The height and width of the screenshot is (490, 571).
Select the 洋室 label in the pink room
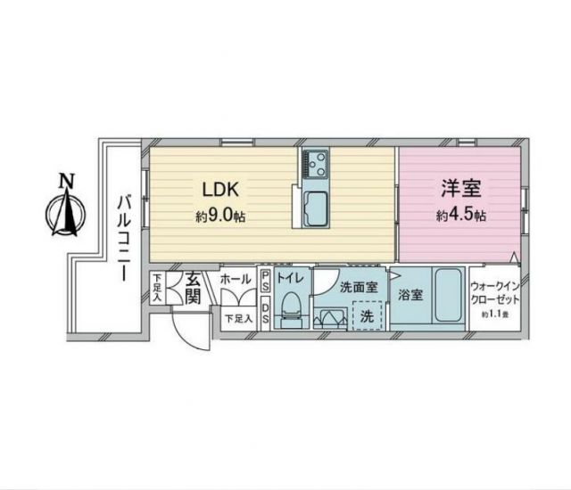(x=460, y=190)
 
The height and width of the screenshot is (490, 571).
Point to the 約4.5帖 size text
(x=460, y=216)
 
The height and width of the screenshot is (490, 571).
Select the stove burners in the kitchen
(x=315, y=164)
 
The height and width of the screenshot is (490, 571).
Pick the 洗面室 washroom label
(x=359, y=287)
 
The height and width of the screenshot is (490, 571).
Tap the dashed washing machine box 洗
(x=367, y=316)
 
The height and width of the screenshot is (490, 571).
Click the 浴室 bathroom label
(x=410, y=295)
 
